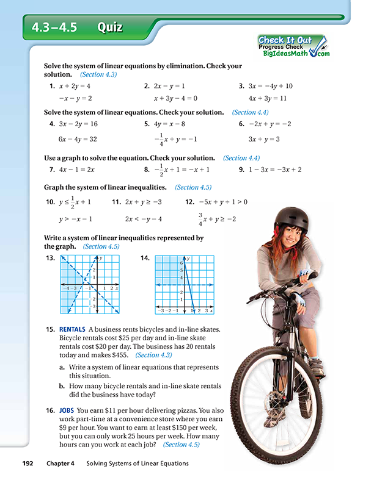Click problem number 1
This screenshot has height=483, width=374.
pyautogui.click(x=52, y=86)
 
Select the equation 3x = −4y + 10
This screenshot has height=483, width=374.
pyautogui.click(x=271, y=86)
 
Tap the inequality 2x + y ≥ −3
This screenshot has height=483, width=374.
pyautogui.click(x=144, y=202)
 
